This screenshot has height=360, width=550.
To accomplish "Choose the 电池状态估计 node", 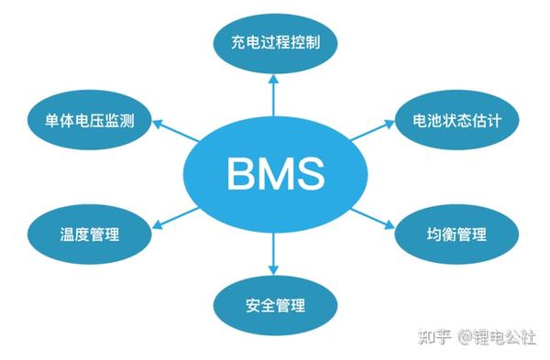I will pos(456,121).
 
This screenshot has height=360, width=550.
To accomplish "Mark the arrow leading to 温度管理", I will pos(175,217).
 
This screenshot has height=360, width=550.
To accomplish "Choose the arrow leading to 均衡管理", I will pos(372,218).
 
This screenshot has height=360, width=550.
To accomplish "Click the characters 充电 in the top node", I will pos(241,43).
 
